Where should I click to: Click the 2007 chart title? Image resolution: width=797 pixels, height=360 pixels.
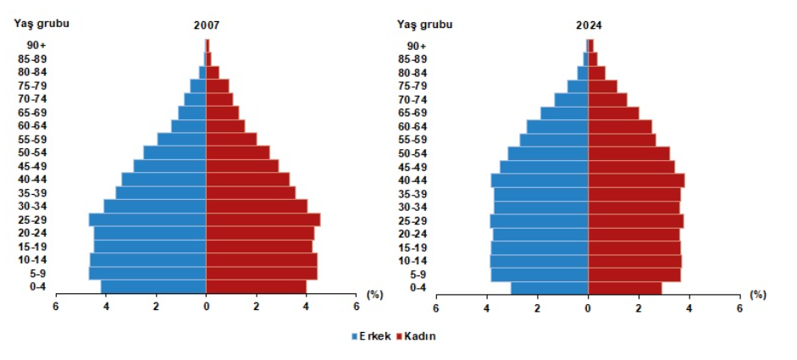(x=207, y=26)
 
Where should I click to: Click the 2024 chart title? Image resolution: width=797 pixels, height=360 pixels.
(x=589, y=26)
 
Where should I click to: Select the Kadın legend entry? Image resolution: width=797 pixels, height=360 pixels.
(x=416, y=336)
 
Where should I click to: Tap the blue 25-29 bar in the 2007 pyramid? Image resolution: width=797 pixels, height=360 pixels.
(x=147, y=220)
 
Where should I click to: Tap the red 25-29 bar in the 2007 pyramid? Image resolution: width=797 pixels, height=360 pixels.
(x=263, y=220)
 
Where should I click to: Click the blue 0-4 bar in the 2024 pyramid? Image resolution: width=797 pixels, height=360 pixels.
(x=550, y=288)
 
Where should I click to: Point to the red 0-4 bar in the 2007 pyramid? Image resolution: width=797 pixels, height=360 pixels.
(x=256, y=287)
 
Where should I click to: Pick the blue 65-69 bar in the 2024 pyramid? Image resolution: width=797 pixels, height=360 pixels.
(x=564, y=114)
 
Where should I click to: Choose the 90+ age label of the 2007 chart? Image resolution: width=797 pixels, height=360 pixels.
(x=36, y=46)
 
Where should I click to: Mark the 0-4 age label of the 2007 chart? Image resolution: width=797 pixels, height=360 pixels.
(x=36, y=287)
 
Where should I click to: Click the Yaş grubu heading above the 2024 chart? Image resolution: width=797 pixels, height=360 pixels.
(x=423, y=24)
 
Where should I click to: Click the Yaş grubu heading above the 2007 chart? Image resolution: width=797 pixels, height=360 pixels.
(x=42, y=24)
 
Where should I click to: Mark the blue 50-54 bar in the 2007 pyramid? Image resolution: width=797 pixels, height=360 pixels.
(x=174, y=153)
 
